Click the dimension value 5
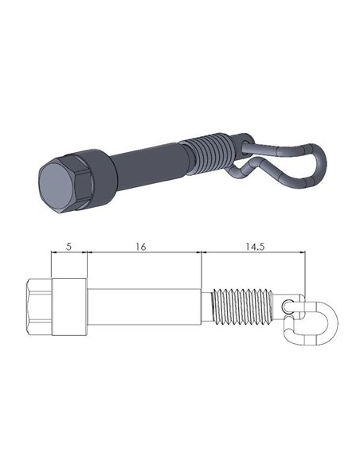click(68, 247)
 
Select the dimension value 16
click(140, 247)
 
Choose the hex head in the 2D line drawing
click(38, 307)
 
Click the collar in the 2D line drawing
click(68, 307)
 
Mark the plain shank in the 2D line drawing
click(143, 307)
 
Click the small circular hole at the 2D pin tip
click(288, 306)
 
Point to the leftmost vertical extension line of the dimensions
click(50, 267)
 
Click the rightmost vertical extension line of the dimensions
click(305, 271)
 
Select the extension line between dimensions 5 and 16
click(87, 267)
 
